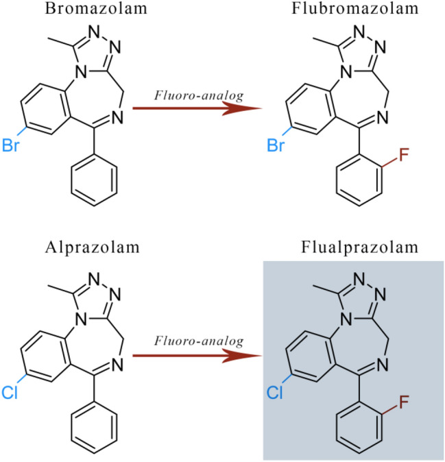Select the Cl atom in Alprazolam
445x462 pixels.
[10, 393]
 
